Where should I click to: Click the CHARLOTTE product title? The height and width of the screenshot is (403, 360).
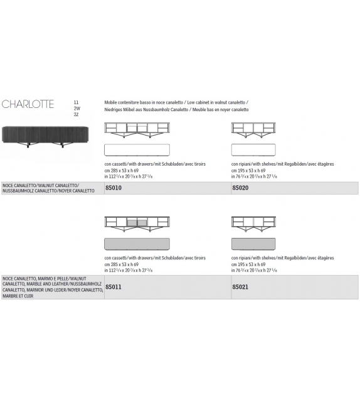point(28,105)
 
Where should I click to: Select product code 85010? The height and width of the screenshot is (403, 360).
point(114,187)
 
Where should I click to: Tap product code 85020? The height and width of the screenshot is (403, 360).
point(241,187)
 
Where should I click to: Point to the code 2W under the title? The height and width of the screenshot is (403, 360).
point(77,108)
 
